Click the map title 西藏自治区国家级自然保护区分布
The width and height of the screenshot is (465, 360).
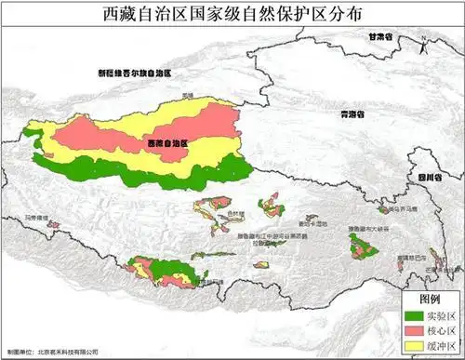coord(232,15)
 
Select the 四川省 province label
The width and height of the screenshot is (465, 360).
coord(427,176)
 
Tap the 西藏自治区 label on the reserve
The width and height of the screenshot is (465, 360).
coord(167,144)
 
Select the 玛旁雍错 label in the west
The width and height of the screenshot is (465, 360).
coord(36,217)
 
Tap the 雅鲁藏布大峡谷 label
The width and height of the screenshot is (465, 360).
coord(365,228)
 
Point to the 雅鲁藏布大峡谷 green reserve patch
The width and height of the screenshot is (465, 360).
coord(361,246)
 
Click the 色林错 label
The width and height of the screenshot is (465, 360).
coord(236,213)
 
